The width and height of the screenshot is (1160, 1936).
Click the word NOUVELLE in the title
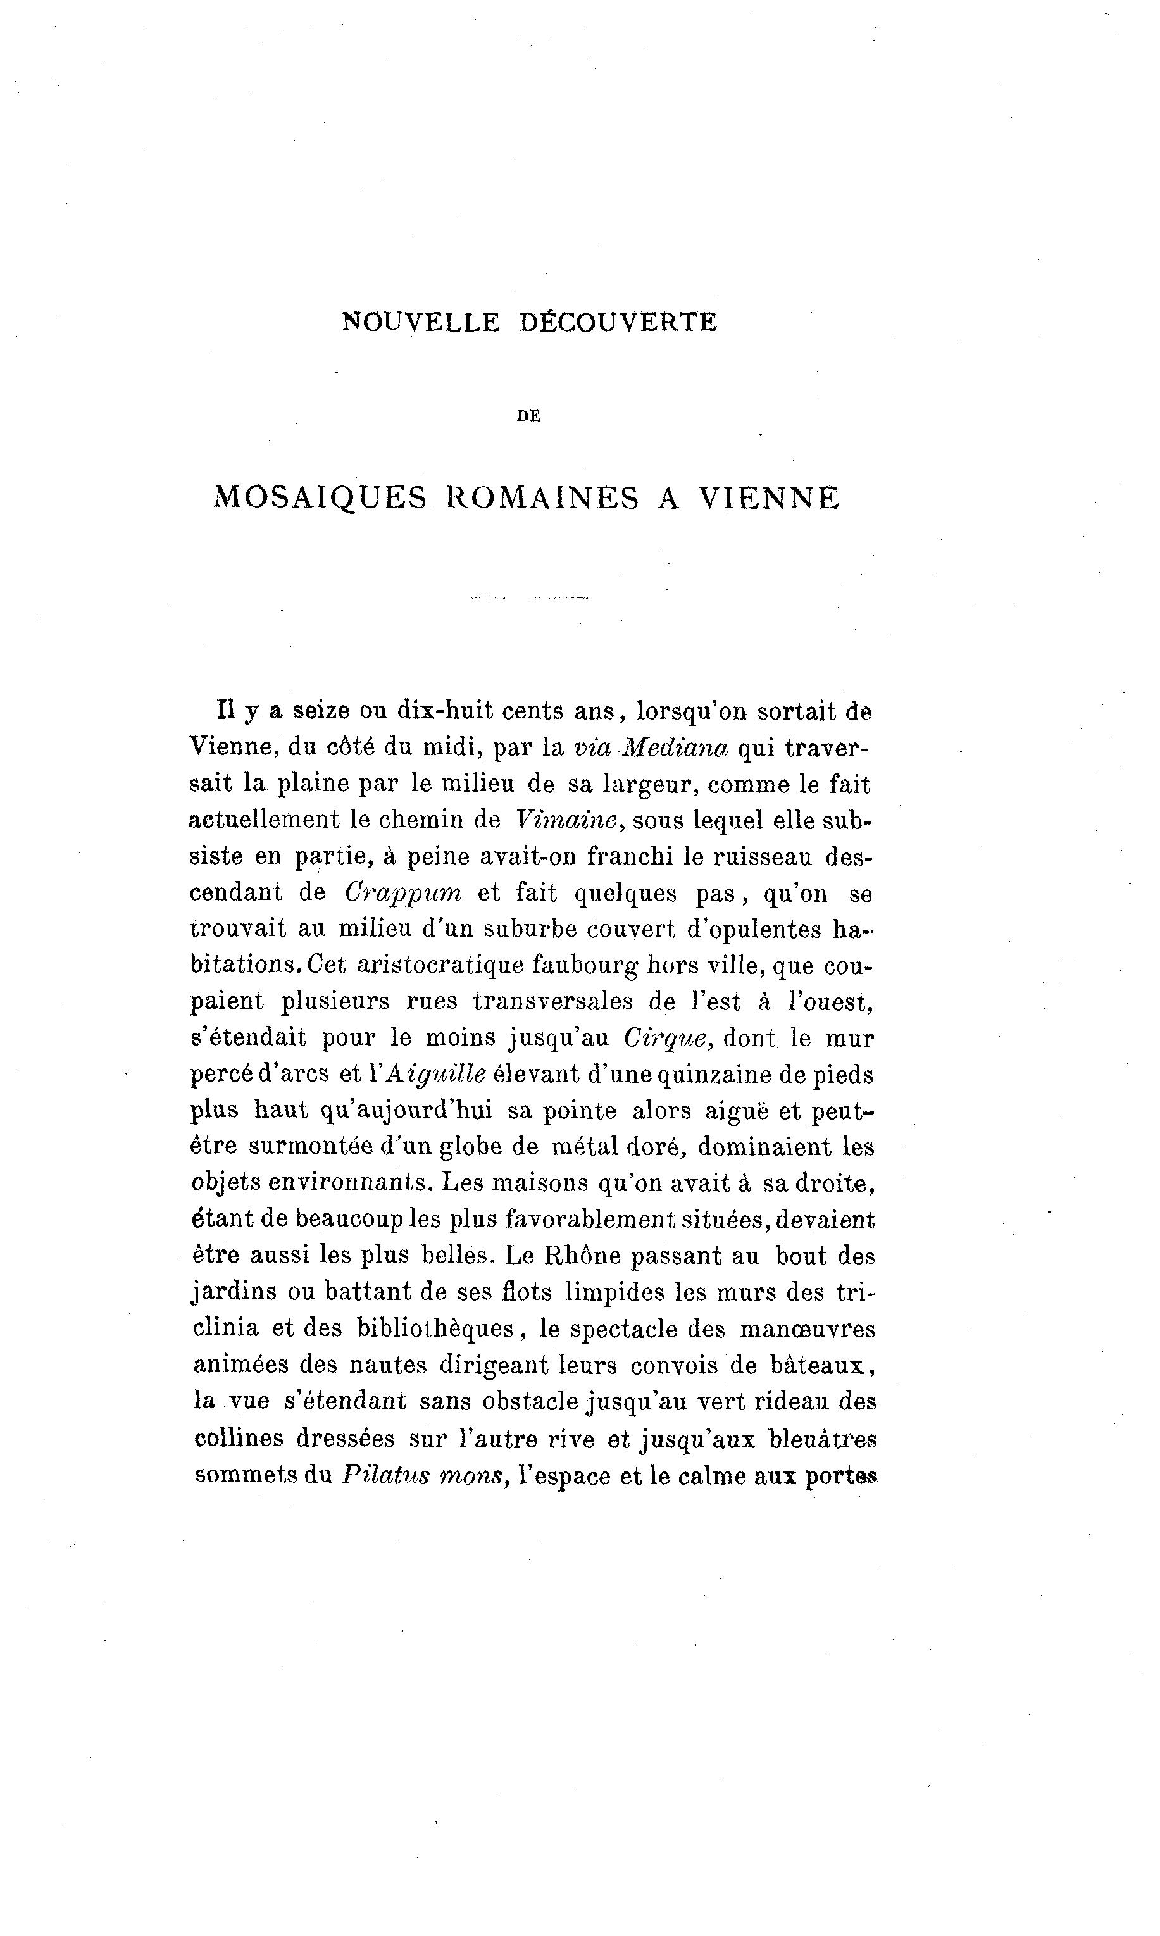421,323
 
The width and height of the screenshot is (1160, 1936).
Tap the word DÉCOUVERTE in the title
618,323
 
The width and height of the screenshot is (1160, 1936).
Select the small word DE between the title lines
529,416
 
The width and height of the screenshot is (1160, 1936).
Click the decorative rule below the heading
529,598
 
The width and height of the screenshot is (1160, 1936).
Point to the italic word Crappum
403,892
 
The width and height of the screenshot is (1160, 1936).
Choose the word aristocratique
439,965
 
